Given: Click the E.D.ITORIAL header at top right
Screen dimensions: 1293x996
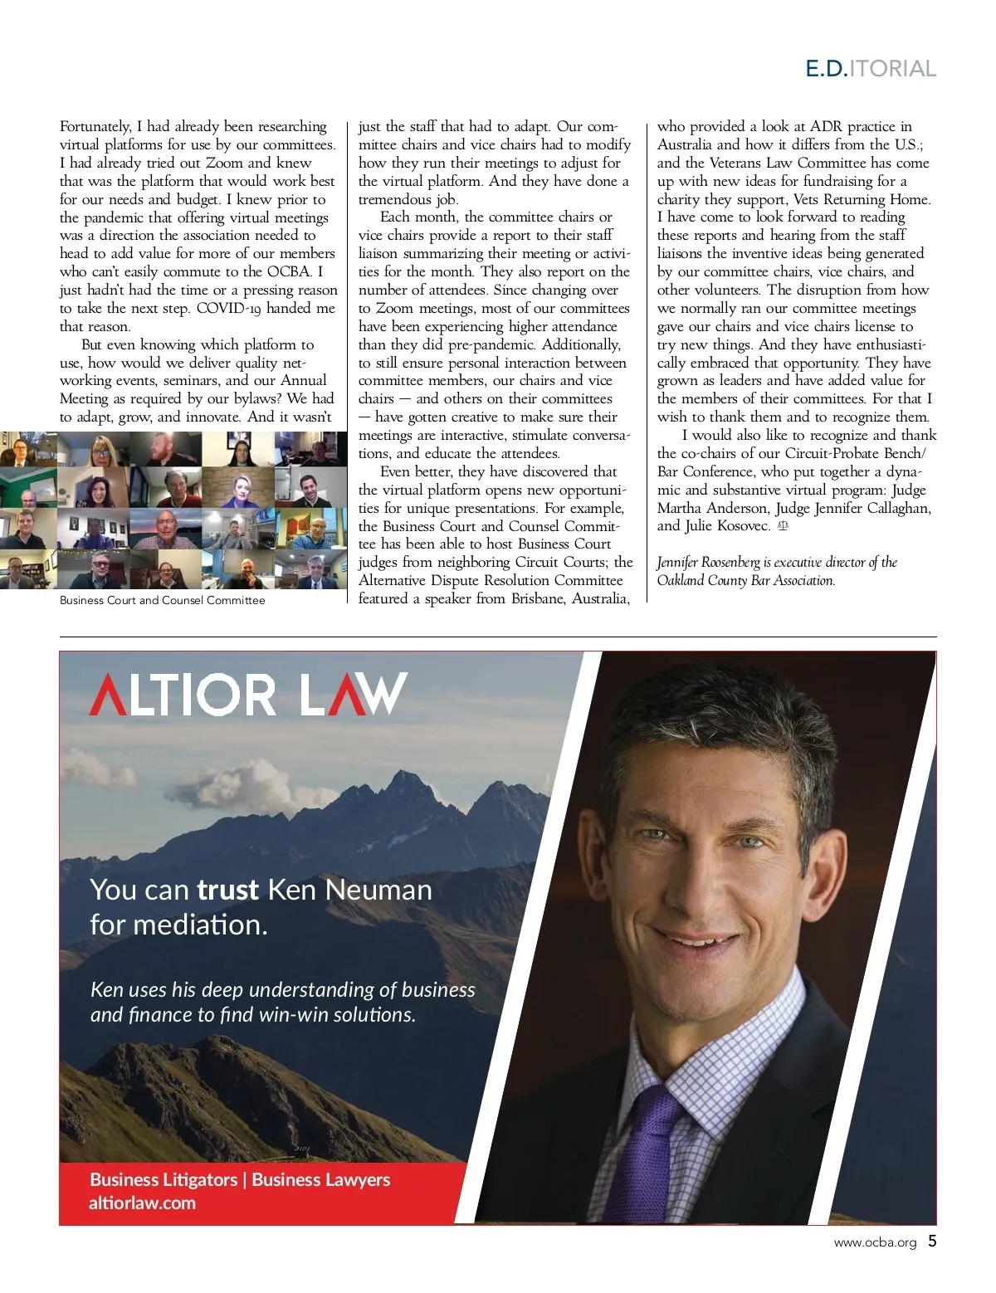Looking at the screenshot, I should (x=871, y=68).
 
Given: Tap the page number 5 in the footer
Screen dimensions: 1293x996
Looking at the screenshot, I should (x=932, y=1242).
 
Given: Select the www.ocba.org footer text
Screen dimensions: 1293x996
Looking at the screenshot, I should (x=875, y=1243).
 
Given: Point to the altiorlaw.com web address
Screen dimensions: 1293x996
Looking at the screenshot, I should (x=142, y=1203).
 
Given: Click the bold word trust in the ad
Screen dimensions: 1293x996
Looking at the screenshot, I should (x=227, y=890).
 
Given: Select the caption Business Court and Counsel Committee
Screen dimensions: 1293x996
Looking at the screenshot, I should (x=162, y=600).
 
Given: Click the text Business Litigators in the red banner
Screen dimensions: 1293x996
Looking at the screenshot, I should (x=164, y=1179).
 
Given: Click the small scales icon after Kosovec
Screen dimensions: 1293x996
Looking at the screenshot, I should (x=783, y=525).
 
